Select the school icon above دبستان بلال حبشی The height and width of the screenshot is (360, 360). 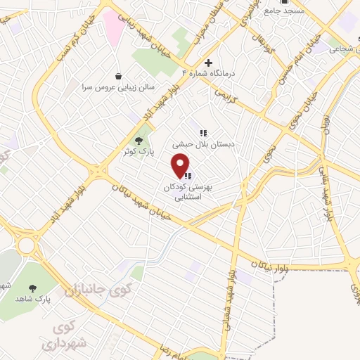202,132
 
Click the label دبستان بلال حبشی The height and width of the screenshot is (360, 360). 202,143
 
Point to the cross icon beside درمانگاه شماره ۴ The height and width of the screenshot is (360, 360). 207,63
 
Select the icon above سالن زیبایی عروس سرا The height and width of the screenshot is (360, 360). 118,76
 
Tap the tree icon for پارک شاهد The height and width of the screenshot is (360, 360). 32,288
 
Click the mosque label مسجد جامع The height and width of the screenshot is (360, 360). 285,11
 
